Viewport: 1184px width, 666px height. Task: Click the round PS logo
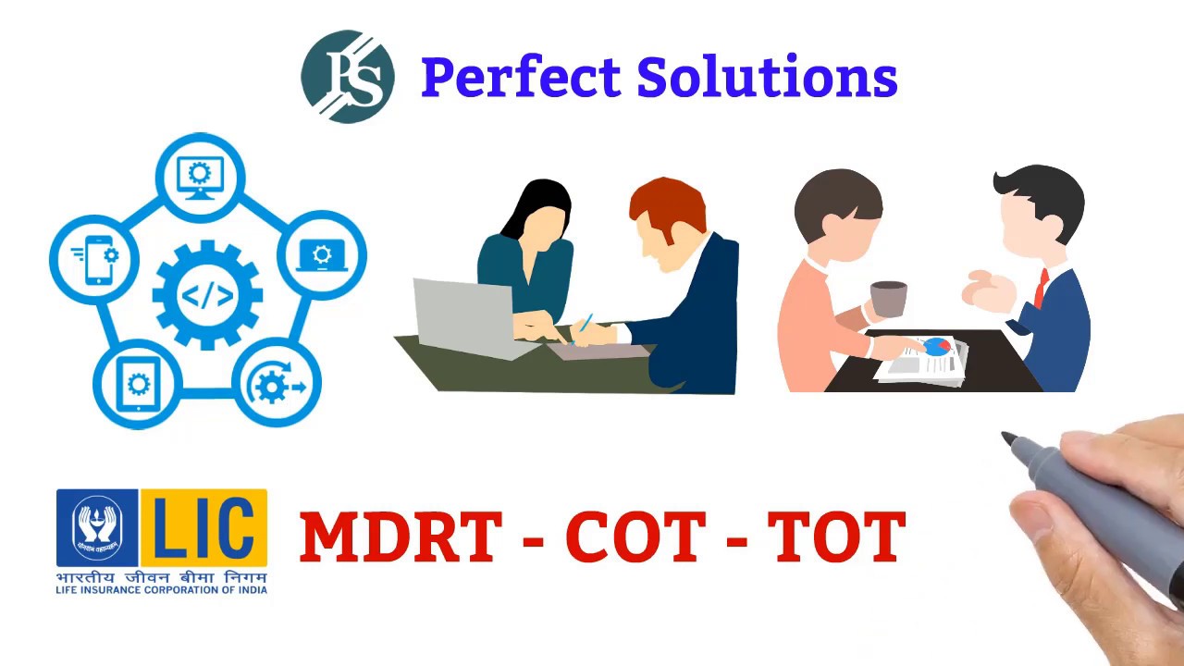coord(348,77)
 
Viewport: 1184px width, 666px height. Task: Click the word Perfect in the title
coord(521,78)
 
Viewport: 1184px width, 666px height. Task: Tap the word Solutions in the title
coord(767,78)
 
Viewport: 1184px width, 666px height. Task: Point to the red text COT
coord(635,536)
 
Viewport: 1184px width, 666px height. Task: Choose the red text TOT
coord(836,536)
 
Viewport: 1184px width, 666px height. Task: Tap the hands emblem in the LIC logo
coord(97,527)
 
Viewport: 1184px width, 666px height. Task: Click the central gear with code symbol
coord(207,294)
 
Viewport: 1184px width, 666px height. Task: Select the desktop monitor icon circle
coord(200,177)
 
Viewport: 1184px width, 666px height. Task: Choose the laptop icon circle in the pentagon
coord(321,256)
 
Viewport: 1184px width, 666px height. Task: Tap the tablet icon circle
coord(138,383)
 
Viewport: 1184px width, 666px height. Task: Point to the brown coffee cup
coord(888,299)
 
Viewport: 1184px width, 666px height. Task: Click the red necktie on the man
coord(1042,288)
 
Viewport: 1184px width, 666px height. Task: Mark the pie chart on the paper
coord(936,346)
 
